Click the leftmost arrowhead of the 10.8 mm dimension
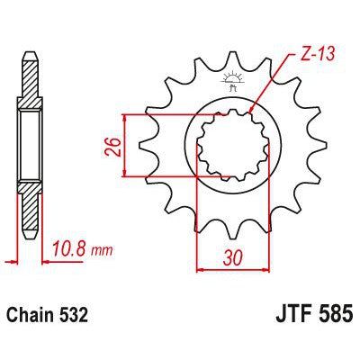18,256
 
